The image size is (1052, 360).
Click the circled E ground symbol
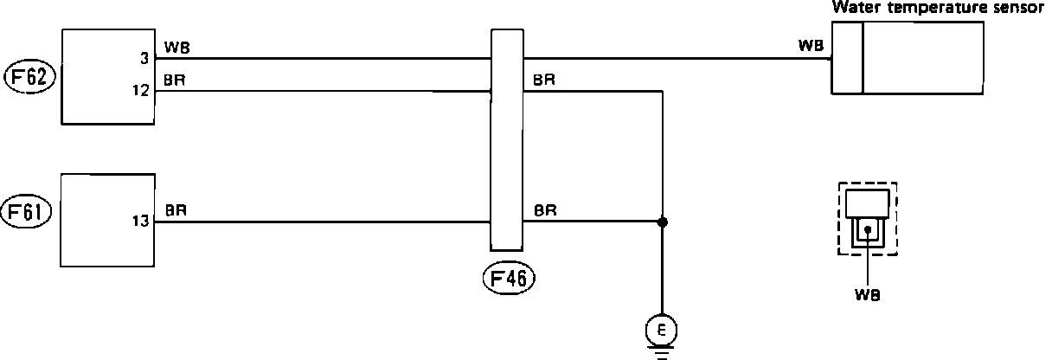point(662,330)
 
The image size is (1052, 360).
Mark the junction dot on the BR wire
point(663,222)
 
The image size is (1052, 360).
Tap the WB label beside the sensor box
point(811,46)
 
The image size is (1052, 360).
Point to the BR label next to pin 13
point(175,210)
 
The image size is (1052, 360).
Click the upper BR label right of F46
point(544,80)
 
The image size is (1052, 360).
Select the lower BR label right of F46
point(544,210)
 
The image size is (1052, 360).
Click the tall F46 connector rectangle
point(506,138)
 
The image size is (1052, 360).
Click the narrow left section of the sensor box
point(848,57)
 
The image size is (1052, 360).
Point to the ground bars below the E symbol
point(662,352)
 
